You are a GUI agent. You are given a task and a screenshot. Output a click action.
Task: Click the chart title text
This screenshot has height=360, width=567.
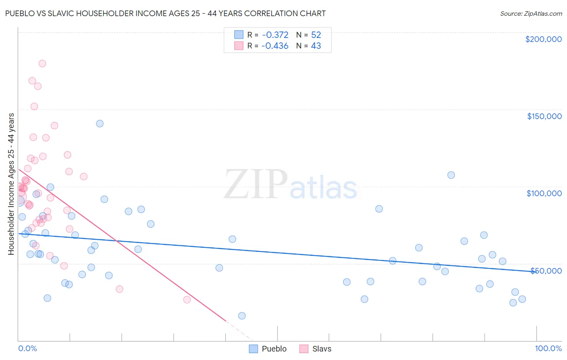click(165, 13)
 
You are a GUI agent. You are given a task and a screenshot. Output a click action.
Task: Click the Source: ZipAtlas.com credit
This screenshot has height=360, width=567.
click(531, 13)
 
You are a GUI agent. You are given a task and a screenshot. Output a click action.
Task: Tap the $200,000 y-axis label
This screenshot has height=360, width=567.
click(543, 39)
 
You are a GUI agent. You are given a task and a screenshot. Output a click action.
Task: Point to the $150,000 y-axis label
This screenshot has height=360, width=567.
click(544, 116)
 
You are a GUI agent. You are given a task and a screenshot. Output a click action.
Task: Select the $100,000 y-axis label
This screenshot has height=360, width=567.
click(544, 193)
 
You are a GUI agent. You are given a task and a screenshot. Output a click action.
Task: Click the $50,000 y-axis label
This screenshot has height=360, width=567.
click(546, 270)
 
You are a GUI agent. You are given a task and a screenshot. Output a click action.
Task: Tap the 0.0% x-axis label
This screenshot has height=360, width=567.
click(27, 348)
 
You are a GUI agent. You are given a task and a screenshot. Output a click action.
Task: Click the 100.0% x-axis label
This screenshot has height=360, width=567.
click(548, 348)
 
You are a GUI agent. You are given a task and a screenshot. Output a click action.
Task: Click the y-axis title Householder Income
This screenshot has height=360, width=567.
click(11, 184)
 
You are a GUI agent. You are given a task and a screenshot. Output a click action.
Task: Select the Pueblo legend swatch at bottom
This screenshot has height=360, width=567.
click(253, 349)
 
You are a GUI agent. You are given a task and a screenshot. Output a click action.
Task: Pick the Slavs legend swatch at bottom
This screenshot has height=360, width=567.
click(304, 349)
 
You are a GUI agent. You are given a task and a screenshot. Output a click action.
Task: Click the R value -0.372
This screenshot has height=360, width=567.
click(275, 35)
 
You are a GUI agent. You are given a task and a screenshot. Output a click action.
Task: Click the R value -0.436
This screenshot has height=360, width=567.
click(275, 46)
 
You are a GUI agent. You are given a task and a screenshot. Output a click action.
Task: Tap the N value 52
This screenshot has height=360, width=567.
click(316, 35)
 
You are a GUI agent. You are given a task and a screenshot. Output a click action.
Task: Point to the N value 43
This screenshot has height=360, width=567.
click(316, 46)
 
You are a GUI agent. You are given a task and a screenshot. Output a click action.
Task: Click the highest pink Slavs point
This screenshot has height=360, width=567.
click(42, 64)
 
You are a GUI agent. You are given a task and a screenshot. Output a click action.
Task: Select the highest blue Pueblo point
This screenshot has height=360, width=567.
click(100, 123)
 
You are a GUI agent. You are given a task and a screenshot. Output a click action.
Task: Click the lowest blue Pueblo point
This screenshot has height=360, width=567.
click(242, 316)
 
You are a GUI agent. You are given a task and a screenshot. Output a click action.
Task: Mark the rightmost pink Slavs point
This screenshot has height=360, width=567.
click(187, 299)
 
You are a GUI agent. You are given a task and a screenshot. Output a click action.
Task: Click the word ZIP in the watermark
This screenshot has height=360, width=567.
click(255, 184)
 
